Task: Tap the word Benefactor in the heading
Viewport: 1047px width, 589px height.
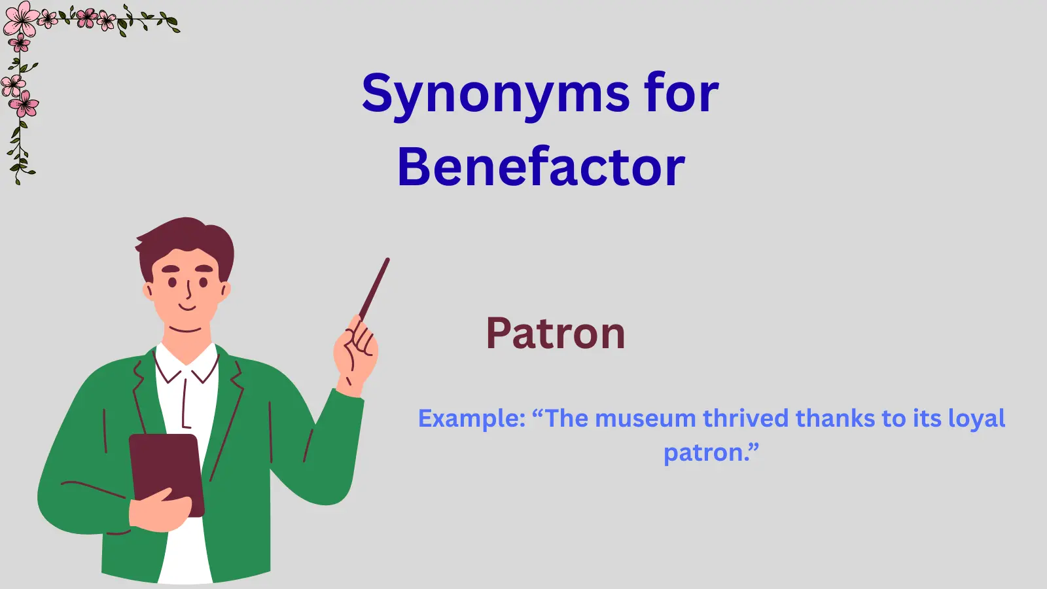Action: pyautogui.click(x=541, y=168)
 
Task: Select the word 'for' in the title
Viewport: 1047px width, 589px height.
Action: pyautogui.click(x=681, y=93)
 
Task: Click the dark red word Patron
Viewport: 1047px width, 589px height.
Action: pyautogui.click(x=556, y=334)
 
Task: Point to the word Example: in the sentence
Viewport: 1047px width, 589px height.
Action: pyautogui.click(x=472, y=419)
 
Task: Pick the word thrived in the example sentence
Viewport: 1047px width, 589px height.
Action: pyautogui.click(x=746, y=419)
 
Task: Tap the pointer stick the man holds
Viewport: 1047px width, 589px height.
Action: pyautogui.click(x=375, y=288)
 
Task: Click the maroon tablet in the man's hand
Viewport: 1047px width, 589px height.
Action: pyautogui.click(x=166, y=471)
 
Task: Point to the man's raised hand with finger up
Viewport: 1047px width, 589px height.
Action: pyautogui.click(x=355, y=353)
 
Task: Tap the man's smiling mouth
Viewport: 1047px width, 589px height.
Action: pyautogui.click(x=187, y=307)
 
